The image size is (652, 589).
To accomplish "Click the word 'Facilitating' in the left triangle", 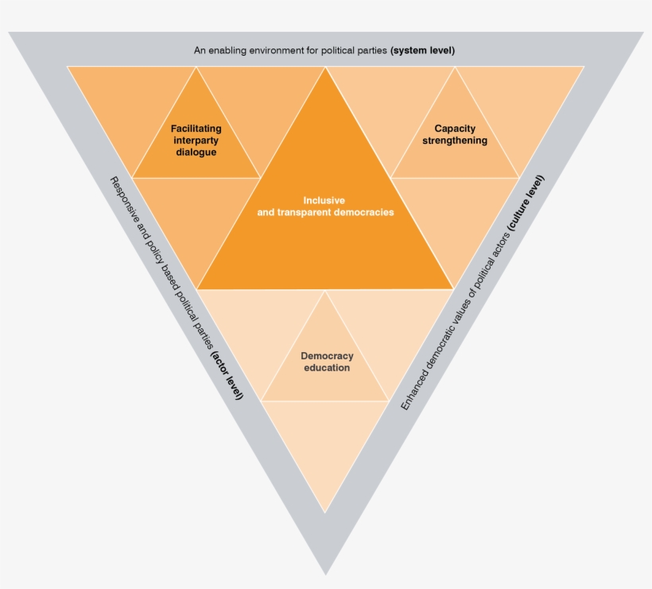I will click(196, 128).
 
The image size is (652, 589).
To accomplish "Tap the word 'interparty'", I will click(196, 140).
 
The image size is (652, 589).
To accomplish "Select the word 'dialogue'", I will click(196, 152).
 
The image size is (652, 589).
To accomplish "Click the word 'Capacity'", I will click(455, 128).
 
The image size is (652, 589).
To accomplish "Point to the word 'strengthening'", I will click(455, 141).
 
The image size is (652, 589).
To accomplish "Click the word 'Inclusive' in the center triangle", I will click(324, 200).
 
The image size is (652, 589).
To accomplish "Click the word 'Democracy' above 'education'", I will click(327, 356).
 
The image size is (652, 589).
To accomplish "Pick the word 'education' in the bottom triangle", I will click(327, 368).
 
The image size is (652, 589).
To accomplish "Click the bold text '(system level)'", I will click(423, 50).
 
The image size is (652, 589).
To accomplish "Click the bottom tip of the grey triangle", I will click(325, 572).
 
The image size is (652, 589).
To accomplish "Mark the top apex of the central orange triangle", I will click(325, 68).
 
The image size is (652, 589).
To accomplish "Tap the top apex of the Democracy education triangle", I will click(325, 291).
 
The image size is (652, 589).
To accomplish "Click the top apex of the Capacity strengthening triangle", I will click(455, 68).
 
